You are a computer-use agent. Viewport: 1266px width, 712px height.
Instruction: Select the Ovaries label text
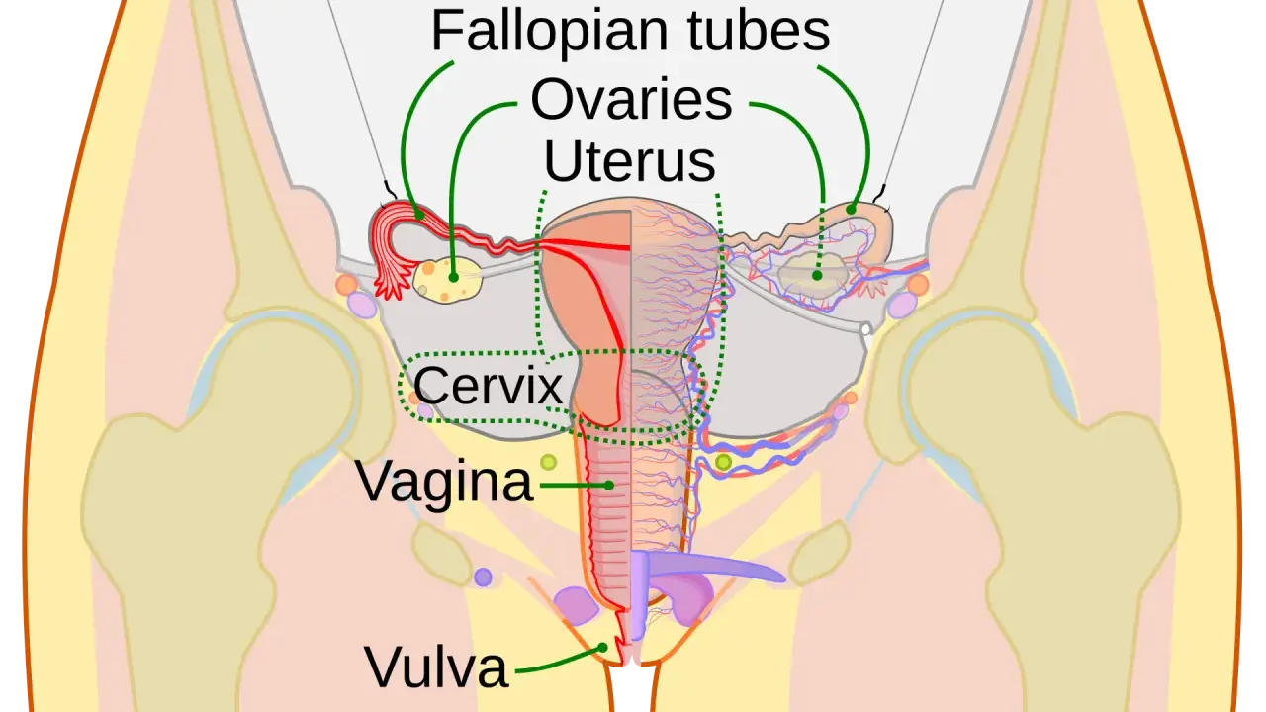coord(631,100)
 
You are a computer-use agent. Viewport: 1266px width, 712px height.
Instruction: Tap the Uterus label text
coord(629,161)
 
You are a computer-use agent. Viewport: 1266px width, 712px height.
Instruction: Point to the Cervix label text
coord(488,386)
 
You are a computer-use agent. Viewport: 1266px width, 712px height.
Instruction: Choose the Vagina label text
coord(444,482)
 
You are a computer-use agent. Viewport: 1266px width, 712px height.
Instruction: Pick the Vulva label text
coord(436,667)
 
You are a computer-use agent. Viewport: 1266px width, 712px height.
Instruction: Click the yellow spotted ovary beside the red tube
coord(447,280)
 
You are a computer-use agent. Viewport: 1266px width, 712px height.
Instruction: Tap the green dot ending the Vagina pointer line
coord(608,485)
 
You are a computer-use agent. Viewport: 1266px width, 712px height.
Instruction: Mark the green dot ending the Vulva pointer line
coord(603,647)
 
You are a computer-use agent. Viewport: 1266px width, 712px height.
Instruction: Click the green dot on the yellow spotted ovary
coord(453,278)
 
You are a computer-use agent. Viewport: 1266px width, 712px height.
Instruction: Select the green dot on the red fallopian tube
coord(419,216)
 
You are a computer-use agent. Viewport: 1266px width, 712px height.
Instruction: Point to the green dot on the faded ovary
coord(817,275)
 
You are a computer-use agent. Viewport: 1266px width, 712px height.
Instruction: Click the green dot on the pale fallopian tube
coord(851,210)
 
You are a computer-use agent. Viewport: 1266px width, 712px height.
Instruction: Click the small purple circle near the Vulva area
coord(483,577)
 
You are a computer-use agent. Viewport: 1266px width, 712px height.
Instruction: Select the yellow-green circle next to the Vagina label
coord(548,462)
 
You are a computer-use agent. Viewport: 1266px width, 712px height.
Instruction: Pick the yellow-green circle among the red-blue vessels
coord(723,462)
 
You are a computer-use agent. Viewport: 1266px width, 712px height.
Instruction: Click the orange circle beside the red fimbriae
coord(346,284)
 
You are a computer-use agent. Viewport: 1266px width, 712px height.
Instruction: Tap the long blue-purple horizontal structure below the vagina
coord(712,565)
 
